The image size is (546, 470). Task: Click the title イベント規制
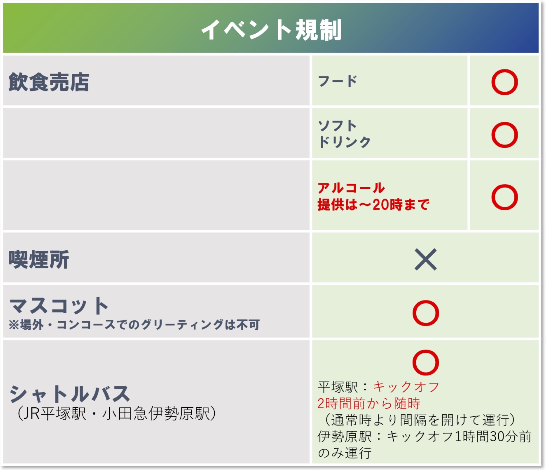[271, 30]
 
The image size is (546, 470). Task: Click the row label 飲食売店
[49, 82]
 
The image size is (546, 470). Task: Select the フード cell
[337, 81]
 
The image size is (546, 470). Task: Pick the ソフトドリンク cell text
[344, 134]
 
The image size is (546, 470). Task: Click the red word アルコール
[351, 188]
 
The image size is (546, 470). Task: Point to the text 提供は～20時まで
[373, 204]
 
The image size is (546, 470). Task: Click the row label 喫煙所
[39, 259]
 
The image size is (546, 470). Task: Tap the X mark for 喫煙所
[426, 259]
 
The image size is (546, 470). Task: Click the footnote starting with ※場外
[134, 324]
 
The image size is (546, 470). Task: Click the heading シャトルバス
[70, 393]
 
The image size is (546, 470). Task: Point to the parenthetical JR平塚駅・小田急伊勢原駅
[116, 414]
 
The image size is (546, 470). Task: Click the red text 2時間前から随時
[369, 404]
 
